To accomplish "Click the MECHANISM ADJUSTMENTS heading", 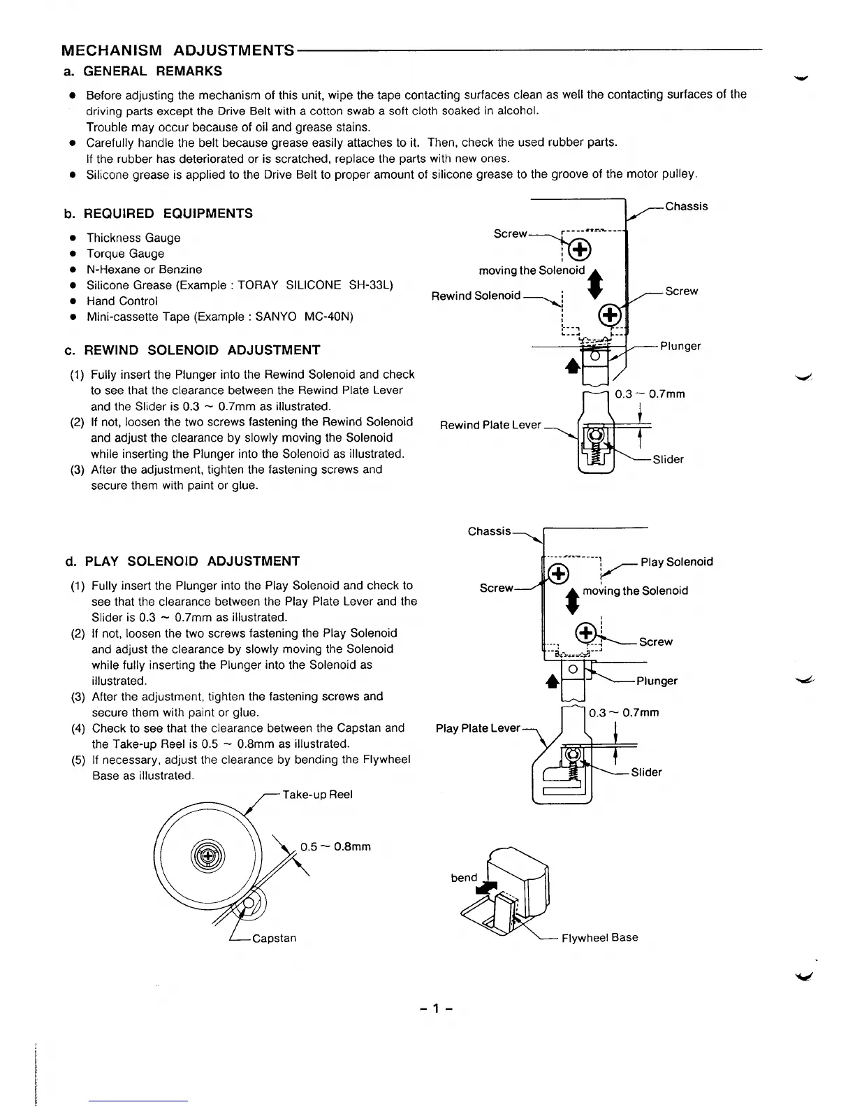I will tap(178, 50).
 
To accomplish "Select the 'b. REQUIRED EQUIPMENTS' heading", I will tap(158, 213).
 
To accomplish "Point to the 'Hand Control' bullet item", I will tap(122, 301).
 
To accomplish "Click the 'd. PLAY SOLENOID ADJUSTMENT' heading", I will tap(182, 561).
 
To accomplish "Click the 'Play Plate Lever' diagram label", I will tap(478, 728).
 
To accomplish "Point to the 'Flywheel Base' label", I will tap(599, 937).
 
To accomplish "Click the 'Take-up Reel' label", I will tap(317, 794).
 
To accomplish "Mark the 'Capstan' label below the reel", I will tap(274, 938).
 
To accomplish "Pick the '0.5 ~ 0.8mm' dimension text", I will tap(335, 846).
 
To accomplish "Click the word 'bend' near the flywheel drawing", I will tap(464, 877).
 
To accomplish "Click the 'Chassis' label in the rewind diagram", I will tap(686, 206).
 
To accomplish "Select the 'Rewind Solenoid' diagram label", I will tap(476, 296).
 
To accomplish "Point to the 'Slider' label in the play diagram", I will tap(646, 772).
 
